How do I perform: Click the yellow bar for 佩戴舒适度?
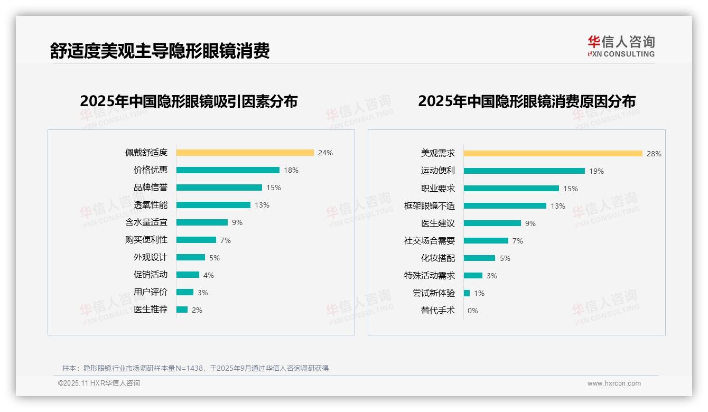point(245,153)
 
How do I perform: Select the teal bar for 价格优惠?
point(228,170)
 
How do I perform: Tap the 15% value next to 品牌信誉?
point(274,188)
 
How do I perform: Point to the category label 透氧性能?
point(150,205)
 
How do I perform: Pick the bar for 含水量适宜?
point(202,222)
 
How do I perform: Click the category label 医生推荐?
point(150,310)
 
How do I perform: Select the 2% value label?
point(197,310)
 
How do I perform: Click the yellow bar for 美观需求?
point(553,154)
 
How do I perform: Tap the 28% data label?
point(654,154)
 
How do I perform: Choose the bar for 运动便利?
point(524,171)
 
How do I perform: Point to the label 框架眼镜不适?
point(429,206)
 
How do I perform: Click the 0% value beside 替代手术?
point(472,311)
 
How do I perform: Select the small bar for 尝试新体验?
point(467,293)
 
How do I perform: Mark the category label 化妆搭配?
point(437,258)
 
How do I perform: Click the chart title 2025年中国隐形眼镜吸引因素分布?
point(189,101)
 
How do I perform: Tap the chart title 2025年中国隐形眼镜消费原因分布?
point(526,101)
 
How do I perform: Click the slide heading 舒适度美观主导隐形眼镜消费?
point(160,51)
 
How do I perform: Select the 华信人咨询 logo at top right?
point(621,46)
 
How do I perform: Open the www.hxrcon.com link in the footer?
point(613,383)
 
